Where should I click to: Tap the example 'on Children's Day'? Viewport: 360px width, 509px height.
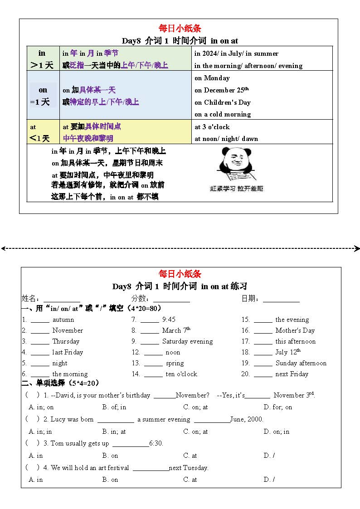tap(223, 102)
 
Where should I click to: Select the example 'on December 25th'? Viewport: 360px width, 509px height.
tap(222, 90)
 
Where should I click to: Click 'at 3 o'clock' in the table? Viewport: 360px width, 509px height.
tap(212, 127)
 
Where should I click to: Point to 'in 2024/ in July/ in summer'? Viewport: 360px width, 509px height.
tap(236, 53)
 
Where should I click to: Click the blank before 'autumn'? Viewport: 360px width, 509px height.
tap(40, 320)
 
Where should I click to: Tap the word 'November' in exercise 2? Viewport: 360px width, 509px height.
tap(68, 331)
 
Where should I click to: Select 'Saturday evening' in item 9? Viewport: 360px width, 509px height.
tap(187, 342)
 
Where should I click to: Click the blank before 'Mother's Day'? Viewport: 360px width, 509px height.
tap(263, 331)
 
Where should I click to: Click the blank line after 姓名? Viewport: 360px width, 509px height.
tap(62, 300)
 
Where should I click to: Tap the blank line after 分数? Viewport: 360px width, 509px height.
tap(171, 300)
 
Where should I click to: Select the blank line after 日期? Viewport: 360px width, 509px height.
tap(281, 300)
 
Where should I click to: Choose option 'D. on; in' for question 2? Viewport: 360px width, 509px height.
tap(277, 432)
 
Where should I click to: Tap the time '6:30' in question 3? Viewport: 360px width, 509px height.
tap(156, 443)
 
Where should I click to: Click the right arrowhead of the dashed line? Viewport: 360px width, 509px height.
tap(357, 248)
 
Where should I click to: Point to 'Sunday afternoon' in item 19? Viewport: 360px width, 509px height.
tap(301, 364)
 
